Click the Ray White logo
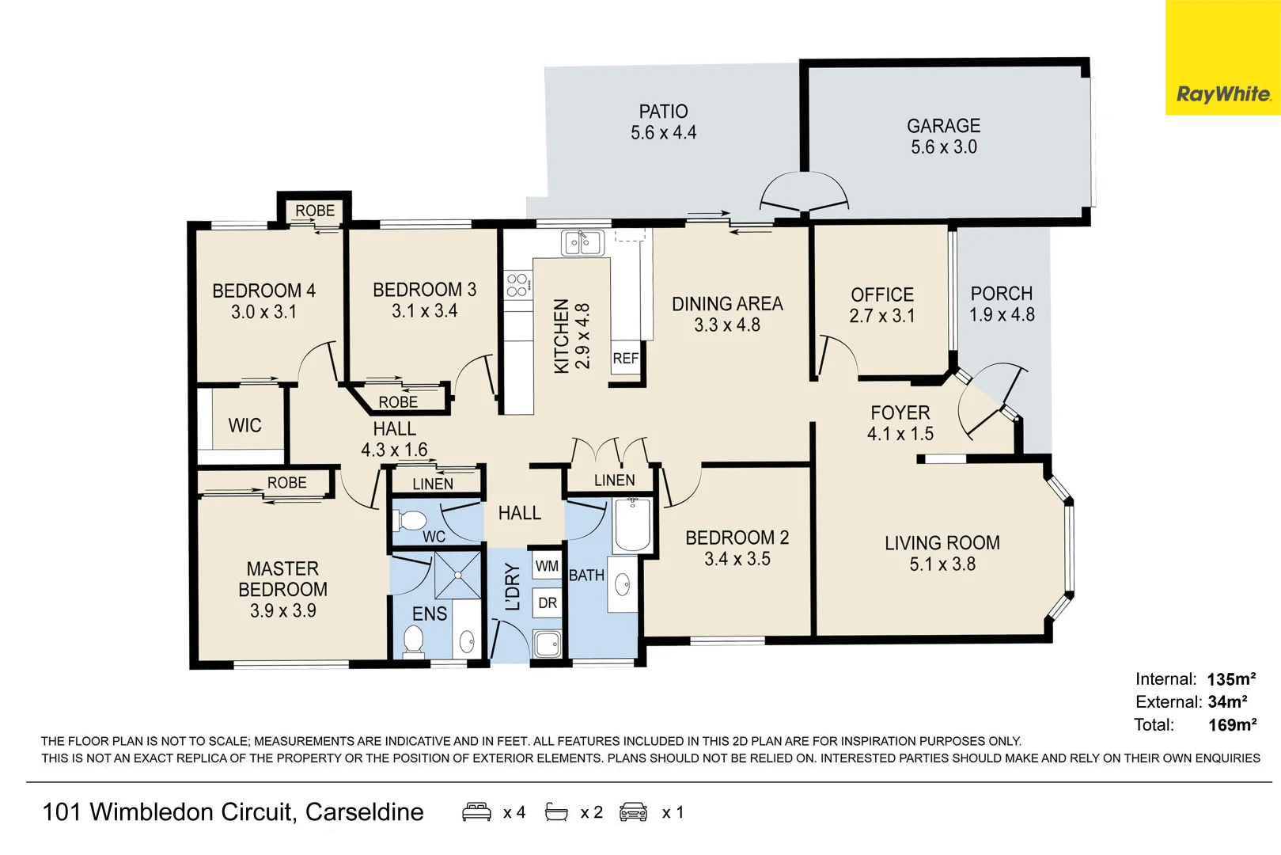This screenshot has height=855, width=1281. [x=1222, y=57]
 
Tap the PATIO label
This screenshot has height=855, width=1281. [x=663, y=111]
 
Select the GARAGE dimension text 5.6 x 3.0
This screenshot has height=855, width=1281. [x=944, y=147]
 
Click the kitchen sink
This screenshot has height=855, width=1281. [x=582, y=243]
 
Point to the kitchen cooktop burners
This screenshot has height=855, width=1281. [x=517, y=285]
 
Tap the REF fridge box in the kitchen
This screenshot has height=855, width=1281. [x=626, y=359]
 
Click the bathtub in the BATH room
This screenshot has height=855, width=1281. [x=632, y=525]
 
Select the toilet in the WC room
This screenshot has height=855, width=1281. [x=411, y=521]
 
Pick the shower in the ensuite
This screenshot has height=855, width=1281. [x=457, y=576]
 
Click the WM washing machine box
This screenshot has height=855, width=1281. [x=548, y=566]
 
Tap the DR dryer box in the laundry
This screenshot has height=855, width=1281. [x=548, y=602]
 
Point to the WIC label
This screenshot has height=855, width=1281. [x=244, y=425]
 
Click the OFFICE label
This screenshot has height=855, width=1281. [x=882, y=294]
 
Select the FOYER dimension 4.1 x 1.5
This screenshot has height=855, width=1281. [x=900, y=434]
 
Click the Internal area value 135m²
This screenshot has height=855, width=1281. [x=1231, y=679]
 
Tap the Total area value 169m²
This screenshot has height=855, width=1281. [x=1233, y=725]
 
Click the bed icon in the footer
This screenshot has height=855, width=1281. [x=476, y=812]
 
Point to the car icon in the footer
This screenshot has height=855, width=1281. [x=633, y=812]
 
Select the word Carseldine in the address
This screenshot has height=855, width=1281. [x=364, y=812]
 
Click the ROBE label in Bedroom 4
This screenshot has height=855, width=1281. [x=315, y=211]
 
